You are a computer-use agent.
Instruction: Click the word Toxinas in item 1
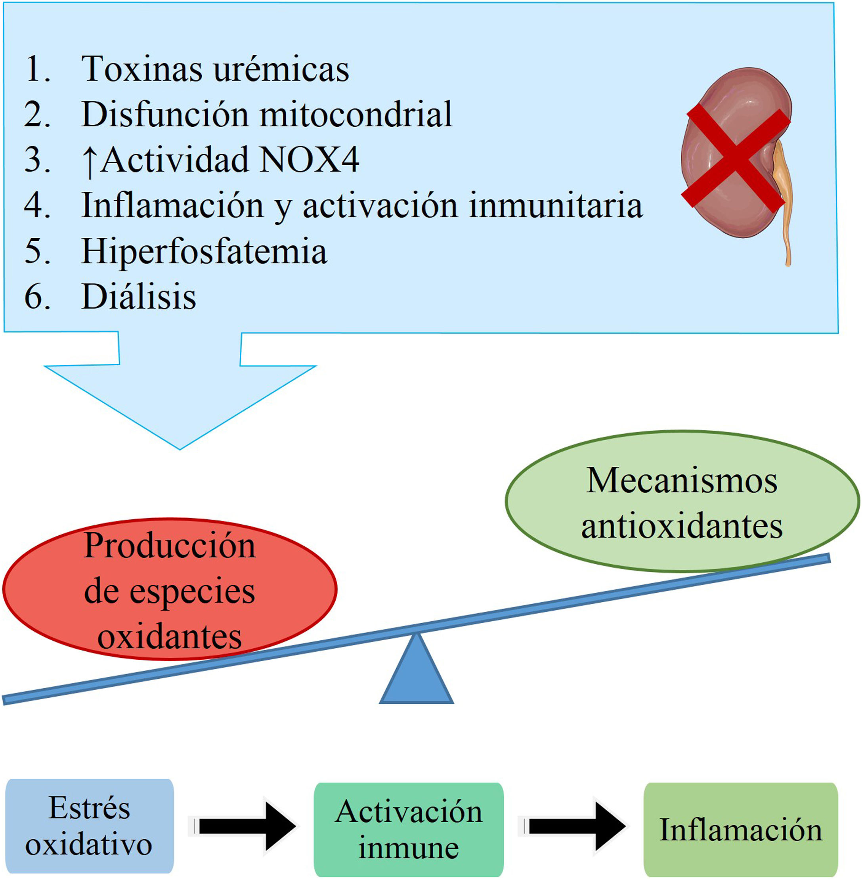(x=141, y=69)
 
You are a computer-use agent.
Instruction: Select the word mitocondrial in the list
(x=356, y=115)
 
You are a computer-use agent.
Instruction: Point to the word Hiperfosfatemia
(x=204, y=251)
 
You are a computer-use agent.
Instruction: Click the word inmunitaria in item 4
(x=556, y=206)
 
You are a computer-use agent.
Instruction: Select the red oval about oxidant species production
(x=169, y=588)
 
